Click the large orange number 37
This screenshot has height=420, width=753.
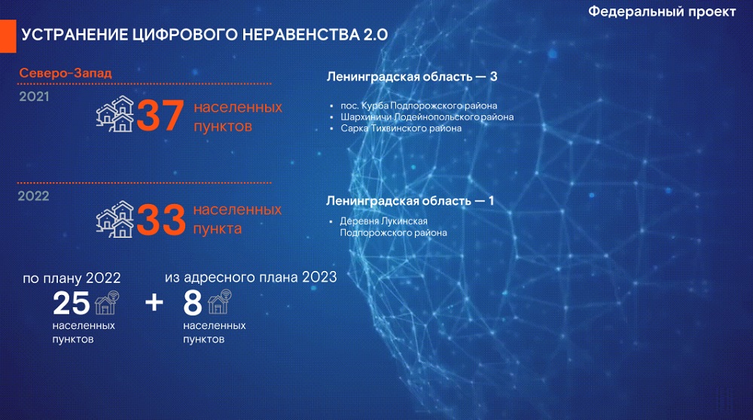[160, 115]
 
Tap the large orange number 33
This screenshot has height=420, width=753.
[161, 220]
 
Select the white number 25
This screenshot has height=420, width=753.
[71, 303]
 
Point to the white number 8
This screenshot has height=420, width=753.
[193, 303]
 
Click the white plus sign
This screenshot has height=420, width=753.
[154, 303]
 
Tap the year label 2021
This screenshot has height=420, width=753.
[34, 96]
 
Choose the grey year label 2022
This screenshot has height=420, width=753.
[34, 196]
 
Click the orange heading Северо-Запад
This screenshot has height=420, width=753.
[66, 73]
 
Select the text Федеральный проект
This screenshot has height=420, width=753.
[662, 11]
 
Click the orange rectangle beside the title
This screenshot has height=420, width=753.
[8, 36]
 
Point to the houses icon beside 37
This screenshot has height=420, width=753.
[115, 114]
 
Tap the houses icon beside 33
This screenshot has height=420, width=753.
[115, 219]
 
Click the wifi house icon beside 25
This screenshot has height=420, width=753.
[107, 303]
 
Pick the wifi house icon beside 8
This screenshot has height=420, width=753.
[219, 302]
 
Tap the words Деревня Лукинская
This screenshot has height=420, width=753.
[384, 221]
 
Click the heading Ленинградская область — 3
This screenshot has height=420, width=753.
[412, 77]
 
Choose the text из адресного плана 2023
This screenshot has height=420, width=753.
[251, 278]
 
